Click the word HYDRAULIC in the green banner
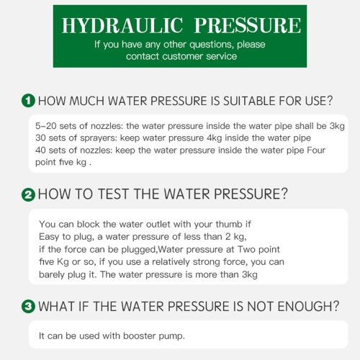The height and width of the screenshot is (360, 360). [122, 25]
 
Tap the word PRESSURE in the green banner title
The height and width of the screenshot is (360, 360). [248, 25]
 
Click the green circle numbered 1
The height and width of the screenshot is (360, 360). [28, 101]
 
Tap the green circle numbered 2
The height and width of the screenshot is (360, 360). [28, 194]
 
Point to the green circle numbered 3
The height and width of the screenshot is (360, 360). [28, 307]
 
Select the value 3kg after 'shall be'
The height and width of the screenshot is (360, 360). [337, 126]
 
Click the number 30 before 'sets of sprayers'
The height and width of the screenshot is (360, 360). [40, 138]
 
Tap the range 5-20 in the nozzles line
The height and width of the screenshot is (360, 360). [45, 126]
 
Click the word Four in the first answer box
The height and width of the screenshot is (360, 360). [316, 150]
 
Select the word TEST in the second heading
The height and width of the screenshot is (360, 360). [113, 194]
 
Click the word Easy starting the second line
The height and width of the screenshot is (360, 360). [49, 237]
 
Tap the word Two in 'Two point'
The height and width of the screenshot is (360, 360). [246, 249]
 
